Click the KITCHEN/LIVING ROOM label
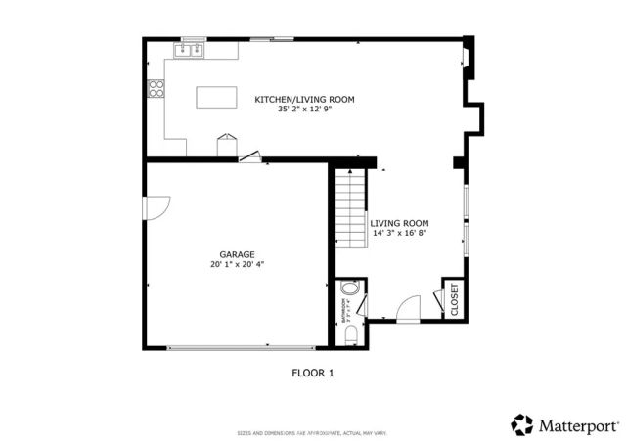pyautogui.click(x=304, y=100)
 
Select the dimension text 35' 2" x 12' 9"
pyautogui.click(x=304, y=110)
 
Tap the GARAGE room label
pyautogui.click(x=237, y=254)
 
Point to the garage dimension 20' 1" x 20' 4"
pyautogui.click(x=237, y=264)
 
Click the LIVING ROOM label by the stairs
pyautogui.click(x=399, y=223)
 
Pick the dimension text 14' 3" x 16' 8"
pyautogui.click(x=399, y=234)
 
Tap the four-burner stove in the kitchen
pyautogui.click(x=155, y=89)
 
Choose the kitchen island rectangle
pyautogui.click(x=216, y=97)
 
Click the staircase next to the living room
pyautogui.click(x=349, y=207)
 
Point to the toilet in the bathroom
pyautogui.click(x=352, y=334)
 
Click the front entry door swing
pyautogui.click(x=408, y=308)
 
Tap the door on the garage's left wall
pyautogui.click(x=156, y=206)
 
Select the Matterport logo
pyautogui.click(x=565, y=424)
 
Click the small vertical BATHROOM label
pyautogui.click(x=343, y=308)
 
